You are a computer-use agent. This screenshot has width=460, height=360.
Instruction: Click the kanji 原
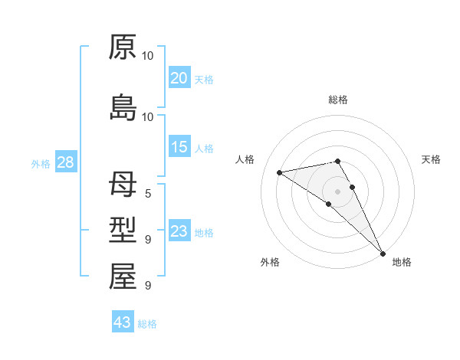pyautogui.click(x=123, y=47)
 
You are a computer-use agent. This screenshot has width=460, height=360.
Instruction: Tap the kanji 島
pyautogui.click(x=123, y=108)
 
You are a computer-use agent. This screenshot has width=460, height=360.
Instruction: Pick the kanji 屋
pyautogui.click(x=123, y=277)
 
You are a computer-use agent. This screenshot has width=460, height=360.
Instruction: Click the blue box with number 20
pyautogui.click(x=179, y=77)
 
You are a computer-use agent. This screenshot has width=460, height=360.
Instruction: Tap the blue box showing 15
pyautogui.click(x=179, y=146)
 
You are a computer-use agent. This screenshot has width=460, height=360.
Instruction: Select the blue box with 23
pyautogui.click(x=179, y=231)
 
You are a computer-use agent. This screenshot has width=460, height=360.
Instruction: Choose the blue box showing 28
pyautogui.click(x=65, y=162)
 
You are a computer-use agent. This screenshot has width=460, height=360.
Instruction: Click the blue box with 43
pyautogui.click(x=123, y=322)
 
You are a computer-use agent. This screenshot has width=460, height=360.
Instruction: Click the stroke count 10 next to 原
pyautogui.click(x=148, y=56)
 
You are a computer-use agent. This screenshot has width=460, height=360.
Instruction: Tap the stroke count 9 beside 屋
pyautogui.click(x=147, y=286)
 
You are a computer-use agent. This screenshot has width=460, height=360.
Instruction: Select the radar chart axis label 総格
pyautogui.click(x=338, y=100)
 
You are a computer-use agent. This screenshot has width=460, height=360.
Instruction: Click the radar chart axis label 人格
pyautogui.click(x=245, y=159)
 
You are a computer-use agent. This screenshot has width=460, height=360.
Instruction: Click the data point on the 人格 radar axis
pyautogui.click(x=280, y=172)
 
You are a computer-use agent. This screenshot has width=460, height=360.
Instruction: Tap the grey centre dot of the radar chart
pyautogui.click(x=337, y=191)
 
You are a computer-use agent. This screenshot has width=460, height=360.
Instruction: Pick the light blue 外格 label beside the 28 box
pyautogui.click(x=41, y=163)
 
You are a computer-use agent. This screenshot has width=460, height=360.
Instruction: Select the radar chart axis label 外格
pyautogui.click(x=270, y=262)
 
